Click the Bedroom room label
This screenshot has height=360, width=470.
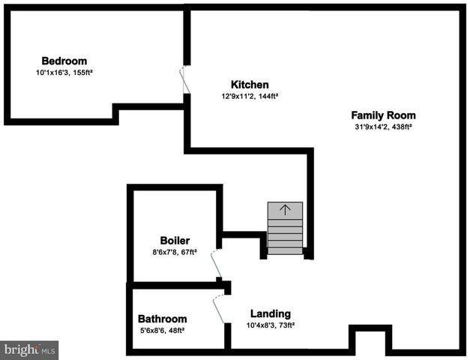pyautogui.click(x=64, y=61)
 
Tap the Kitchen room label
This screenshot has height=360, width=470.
pyautogui.click(x=250, y=85)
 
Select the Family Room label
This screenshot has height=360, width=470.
pyautogui.click(x=383, y=115)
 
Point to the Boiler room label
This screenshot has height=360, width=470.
pyautogui.click(x=175, y=241)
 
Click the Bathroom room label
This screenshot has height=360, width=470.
pyautogui.click(x=162, y=319)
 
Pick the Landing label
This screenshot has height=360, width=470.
pyautogui.click(x=271, y=313)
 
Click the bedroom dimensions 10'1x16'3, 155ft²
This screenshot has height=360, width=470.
pyautogui.click(x=64, y=73)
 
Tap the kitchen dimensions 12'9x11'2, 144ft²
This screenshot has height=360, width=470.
pyautogui.click(x=250, y=96)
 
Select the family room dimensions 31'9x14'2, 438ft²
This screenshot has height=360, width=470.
pyautogui.click(x=383, y=127)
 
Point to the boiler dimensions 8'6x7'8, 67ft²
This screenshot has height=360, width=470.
pyautogui.click(x=175, y=252)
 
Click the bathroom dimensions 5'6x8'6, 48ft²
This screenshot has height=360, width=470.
pyautogui.click(x=162, y=331)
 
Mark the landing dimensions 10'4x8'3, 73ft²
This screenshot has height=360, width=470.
pyautogui.click(x=271, y=325)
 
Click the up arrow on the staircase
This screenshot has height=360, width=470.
pyautogui.click(x=285, y=210)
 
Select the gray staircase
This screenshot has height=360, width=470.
pyautogui.click(x=285, y=228)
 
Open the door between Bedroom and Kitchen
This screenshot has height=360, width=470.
pyautogui.click(x=184, y=80)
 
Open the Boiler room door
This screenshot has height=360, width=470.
pyautogui.click(x=217, y=264)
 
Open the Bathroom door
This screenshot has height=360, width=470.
pyautogui.click(x=219, y=310)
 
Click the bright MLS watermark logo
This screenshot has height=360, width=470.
pyautogui.click(x=29, y=350)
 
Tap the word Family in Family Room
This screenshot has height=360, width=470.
pyautogui.click(x=368, y=115)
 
